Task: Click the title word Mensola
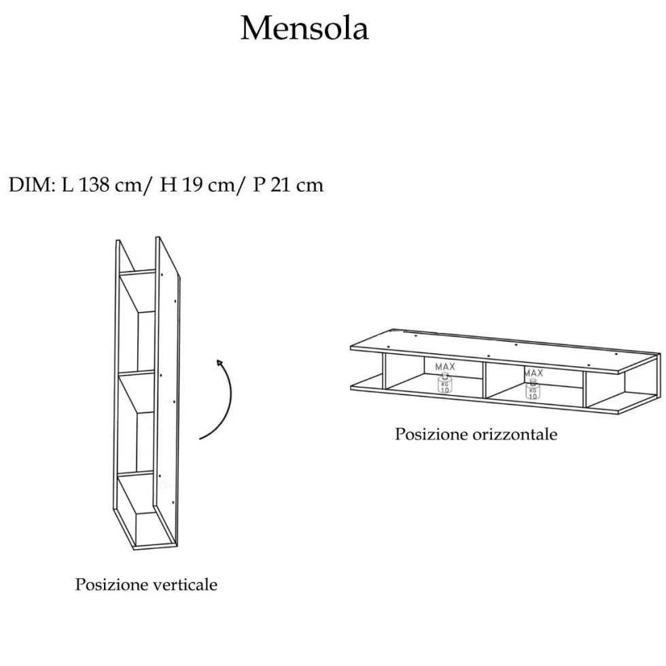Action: click(x=304, y=29)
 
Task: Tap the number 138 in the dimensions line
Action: click(x=94, y=185)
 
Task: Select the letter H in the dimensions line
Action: click(x=169, y=185)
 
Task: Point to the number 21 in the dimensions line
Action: click(x=277, y=185)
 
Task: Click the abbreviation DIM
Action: click(x=30, y=185)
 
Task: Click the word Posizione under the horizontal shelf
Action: click(x=431, y=434)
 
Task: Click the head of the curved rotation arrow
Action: click(x=219, y=362)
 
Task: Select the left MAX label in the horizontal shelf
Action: click(x=444, y=366)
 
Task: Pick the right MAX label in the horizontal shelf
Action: click(x=533, y=373)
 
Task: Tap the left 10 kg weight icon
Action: click(x=444, y=383)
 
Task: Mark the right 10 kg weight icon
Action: click(x=533, y=389)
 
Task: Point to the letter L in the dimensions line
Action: click(x=67, y=185)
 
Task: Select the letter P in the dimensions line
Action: click(x=259, y=185)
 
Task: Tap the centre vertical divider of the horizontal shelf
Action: click(x=485, y=380)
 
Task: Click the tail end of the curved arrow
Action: click(x=200, y=438)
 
